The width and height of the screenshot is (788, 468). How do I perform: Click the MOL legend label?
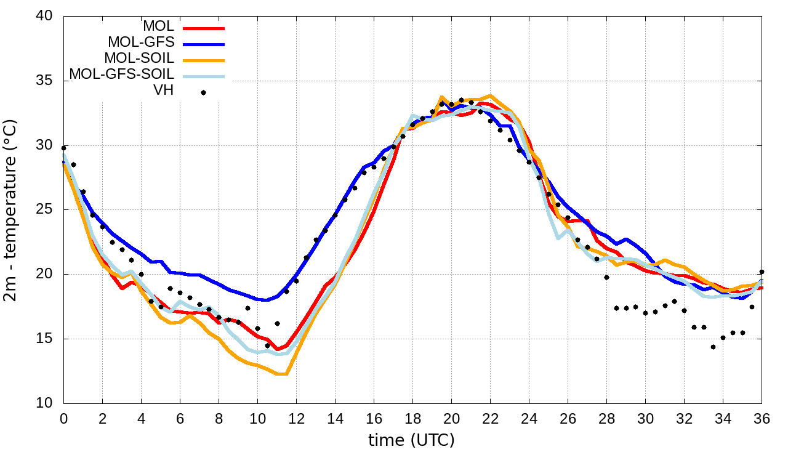coord(159,26)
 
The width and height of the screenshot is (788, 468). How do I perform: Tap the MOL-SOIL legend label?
coord(140,58)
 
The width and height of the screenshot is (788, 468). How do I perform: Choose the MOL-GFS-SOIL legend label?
coord(122,75)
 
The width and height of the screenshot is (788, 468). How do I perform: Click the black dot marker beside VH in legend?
coord(203,93)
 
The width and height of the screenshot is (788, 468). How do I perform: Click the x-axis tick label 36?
coord(762,418)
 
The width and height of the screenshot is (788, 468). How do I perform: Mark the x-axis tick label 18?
coord(412,418)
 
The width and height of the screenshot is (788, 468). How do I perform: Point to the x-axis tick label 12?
coord(296,418)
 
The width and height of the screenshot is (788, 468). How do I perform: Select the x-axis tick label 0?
coord(63,418)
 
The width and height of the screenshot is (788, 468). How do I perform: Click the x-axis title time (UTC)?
coord(411,440)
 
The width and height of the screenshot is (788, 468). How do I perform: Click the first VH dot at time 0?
coord(64,148)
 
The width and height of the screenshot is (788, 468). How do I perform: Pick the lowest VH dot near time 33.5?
coord(713,347)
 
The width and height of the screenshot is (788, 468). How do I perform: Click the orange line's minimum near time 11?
coord(281,374)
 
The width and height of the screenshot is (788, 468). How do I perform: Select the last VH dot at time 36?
coord(762,272)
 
